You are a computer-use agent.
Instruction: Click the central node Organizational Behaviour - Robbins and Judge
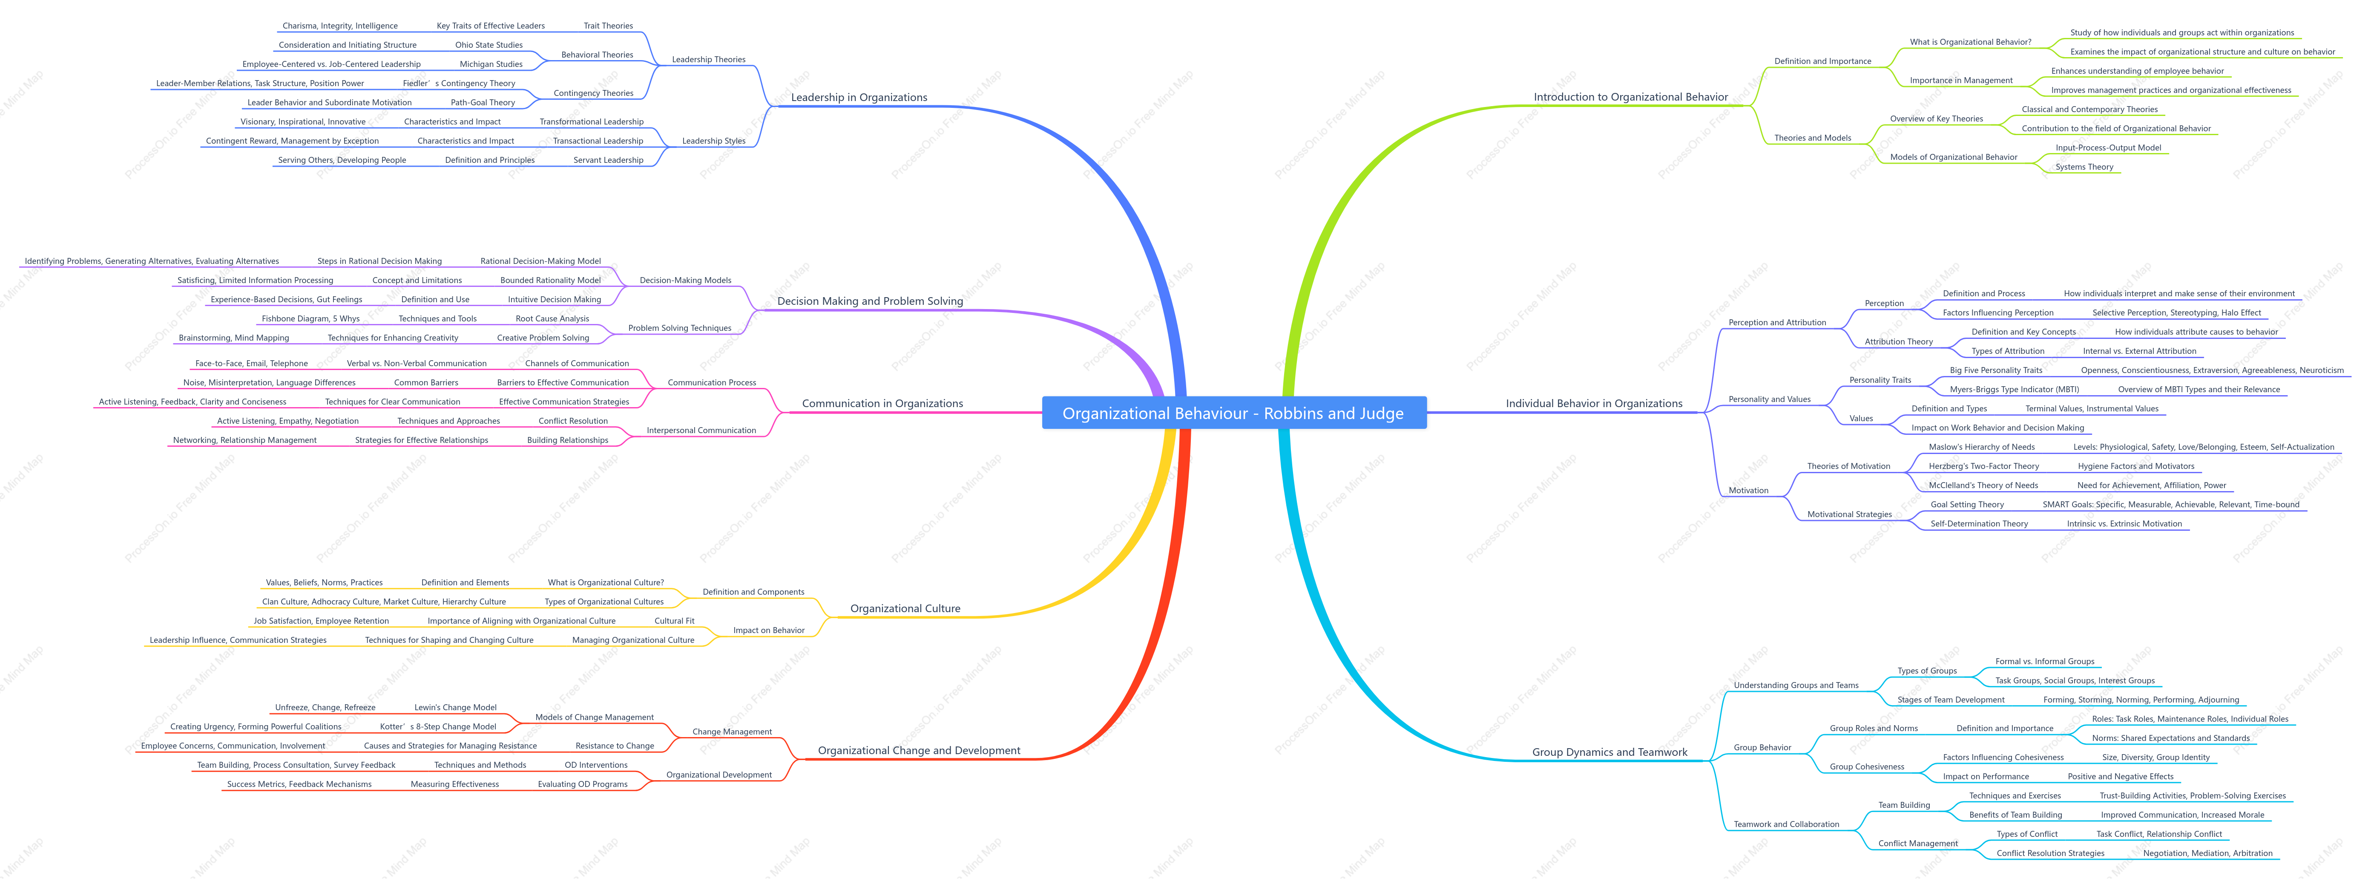pyautogui.click(x=1233, y=414)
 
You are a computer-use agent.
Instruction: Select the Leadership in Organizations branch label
pyautogui.click(x=859, y=98)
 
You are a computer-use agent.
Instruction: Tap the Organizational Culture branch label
pyautogui.click(x=905, y=609)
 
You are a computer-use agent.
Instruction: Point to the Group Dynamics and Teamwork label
pyautogui.click(x=1609, y=752)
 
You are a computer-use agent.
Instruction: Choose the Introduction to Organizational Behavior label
pyautogui.click(x=1630, y=98)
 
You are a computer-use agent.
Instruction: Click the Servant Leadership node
pyautogui.click(x=608, y=160)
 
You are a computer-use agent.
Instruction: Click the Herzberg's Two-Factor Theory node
pyautogui.click(x=1983, y=466)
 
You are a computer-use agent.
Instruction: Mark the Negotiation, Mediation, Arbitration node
pyautogui.click(x=2207, y=853)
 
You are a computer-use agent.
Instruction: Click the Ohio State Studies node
pyautogui.click(x=489, y=45)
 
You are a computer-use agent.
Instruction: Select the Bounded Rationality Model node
pyautogui.click(x=550, y=280)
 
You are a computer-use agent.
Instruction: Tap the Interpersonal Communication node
pyautogui.click(x=701, y=430)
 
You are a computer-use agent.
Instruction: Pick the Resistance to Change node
pyautogui.click(x=615, y=746)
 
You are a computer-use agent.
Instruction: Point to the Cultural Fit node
pyautogui.click(x=675, y=621)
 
